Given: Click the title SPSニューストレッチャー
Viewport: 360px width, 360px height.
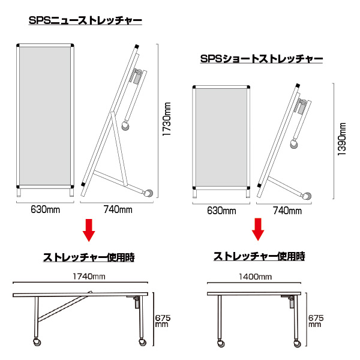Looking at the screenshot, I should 85,21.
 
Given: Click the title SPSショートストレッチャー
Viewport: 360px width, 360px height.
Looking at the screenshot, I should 262,59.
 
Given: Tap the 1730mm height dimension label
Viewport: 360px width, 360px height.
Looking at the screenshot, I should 167,120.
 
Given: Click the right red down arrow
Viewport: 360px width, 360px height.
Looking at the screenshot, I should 258,228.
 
